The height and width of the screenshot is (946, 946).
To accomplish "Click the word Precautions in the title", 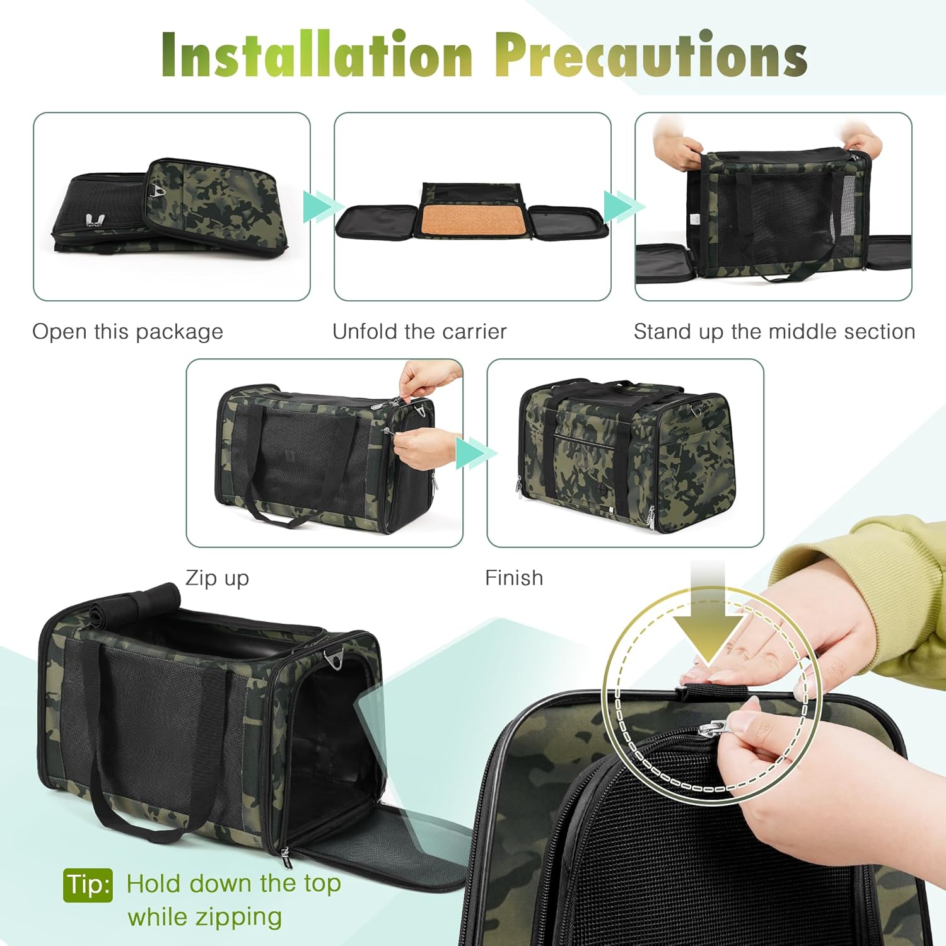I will click(650, 55).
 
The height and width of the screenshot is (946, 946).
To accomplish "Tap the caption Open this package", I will click(127, 332).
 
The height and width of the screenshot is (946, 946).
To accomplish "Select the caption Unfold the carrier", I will click(419, 332).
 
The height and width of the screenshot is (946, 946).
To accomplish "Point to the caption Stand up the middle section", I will click(774, 332).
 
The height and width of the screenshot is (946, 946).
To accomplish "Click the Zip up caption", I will click(217, 578).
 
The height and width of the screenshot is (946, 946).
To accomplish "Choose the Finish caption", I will click(513, 578).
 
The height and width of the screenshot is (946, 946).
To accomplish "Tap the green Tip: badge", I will click(88, 885).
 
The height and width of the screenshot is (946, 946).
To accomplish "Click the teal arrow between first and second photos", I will click(319, 206).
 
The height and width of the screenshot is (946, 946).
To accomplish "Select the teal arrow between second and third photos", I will click(621, 206).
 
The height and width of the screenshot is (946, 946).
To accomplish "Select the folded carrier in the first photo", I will click(170, 208).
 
